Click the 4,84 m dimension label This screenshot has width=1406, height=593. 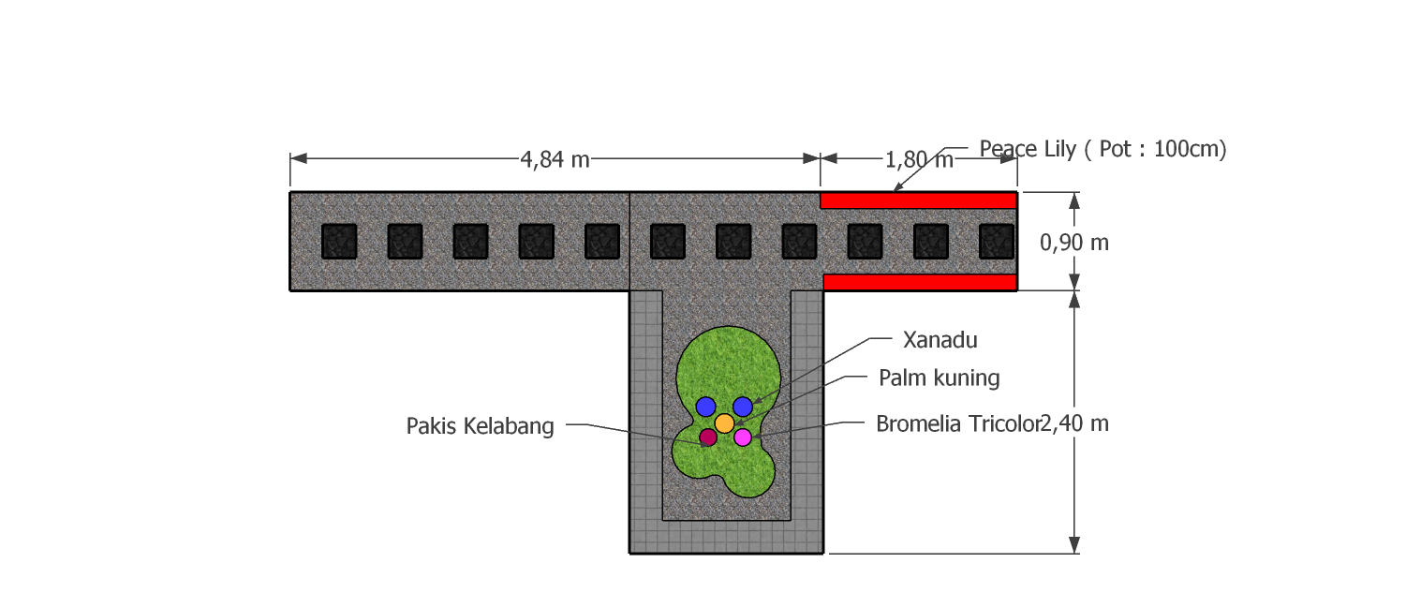point(555,159)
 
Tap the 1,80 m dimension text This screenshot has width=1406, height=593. point(919,160)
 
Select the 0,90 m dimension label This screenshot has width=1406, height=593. point(1074,243)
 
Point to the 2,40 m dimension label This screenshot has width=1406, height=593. point(1074,423)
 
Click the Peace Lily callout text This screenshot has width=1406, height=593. point(1103,149)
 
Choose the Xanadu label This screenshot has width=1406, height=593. point(940,340)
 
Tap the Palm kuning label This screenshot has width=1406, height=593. point(939,378)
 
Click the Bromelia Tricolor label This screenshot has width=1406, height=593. point(958,423)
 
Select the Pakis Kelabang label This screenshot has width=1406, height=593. point(481,426)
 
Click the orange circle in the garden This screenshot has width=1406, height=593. point(724,423)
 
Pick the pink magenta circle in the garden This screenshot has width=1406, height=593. point(743,437)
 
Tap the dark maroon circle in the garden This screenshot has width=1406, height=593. point(708,437)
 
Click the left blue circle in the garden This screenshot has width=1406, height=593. point(705,406)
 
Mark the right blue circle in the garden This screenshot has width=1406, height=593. point(743,406)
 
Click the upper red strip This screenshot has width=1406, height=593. point(918,200)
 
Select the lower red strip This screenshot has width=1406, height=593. point(920,282)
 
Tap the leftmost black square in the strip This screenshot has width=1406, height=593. point(339,242)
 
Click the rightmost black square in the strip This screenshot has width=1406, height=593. point(997,242)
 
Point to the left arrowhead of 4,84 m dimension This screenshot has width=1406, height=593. point(298,158)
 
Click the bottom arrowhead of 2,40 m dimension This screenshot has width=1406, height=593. point(1074,544)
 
